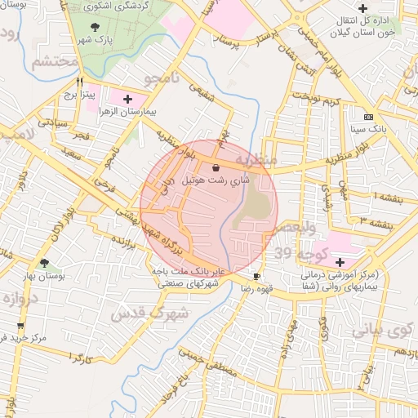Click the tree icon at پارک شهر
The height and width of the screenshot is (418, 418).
96,25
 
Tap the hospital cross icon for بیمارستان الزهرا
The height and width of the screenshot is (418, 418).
127,99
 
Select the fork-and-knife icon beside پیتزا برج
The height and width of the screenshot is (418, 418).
80,82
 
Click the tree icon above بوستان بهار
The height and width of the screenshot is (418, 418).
44,264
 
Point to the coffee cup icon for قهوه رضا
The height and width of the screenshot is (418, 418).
256,276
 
